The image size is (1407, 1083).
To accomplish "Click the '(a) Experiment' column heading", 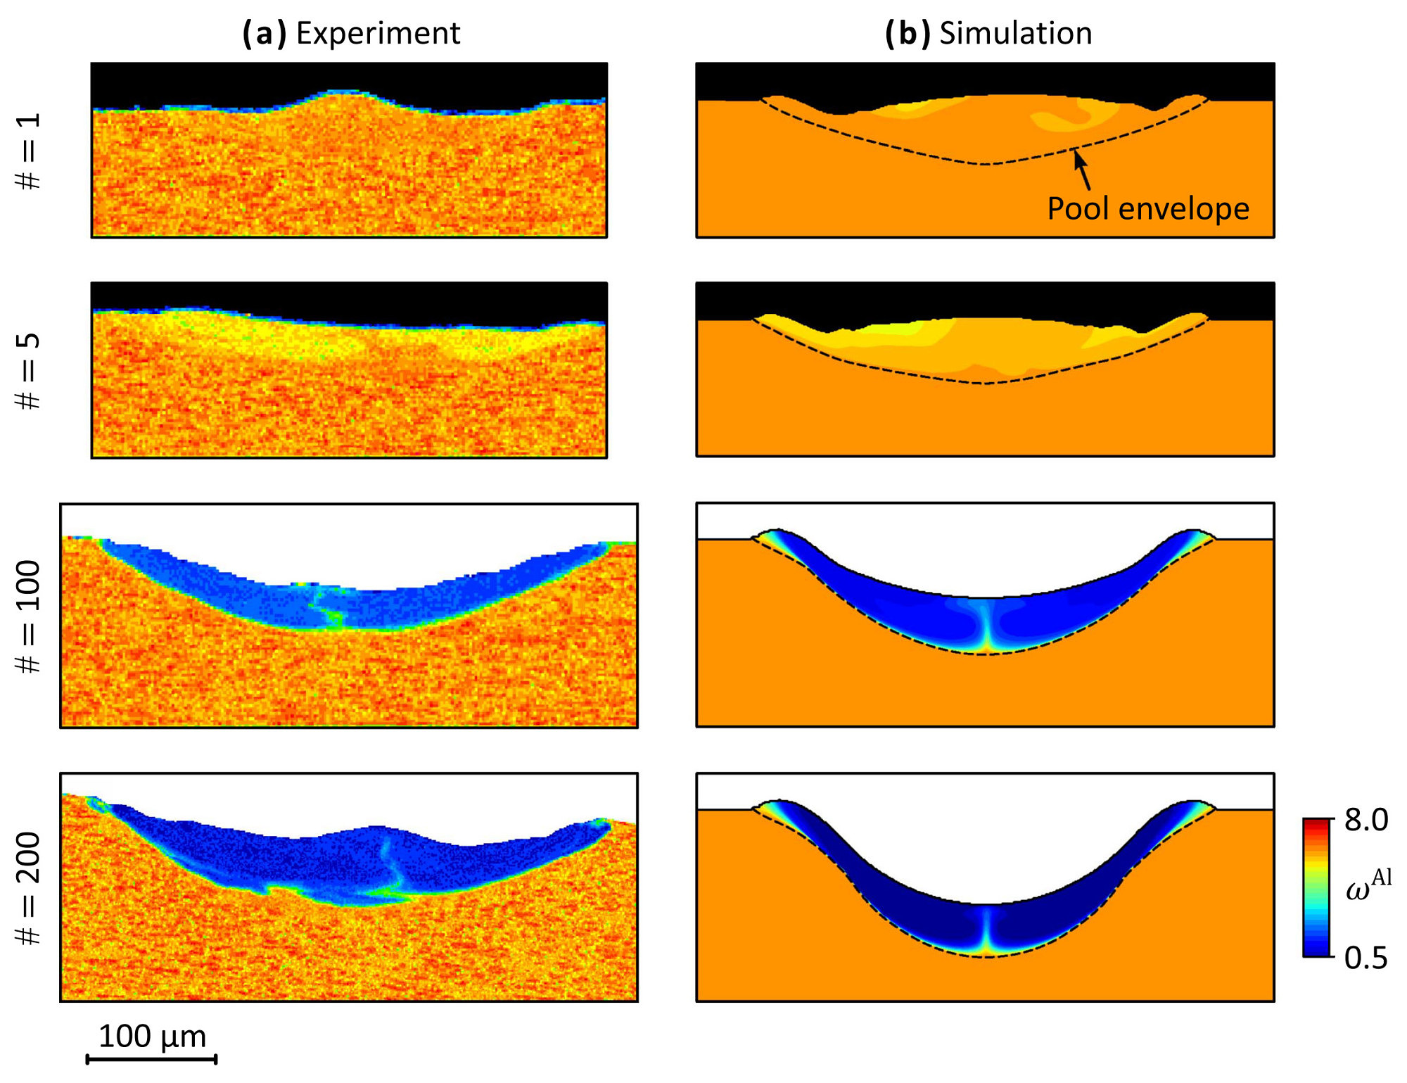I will point(351,33).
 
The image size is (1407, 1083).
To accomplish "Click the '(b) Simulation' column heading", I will point(988,33).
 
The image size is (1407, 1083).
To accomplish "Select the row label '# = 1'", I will point(29,151).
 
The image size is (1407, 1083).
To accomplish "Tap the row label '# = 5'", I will point(29,371).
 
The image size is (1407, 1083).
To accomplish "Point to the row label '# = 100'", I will point(29,616).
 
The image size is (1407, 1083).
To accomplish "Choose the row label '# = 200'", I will point(29,888).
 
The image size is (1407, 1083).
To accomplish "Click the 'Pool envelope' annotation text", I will point(1148,209).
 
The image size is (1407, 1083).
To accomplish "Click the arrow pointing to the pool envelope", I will point(1083,169).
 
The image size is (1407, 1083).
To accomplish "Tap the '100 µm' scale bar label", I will point(152,1037).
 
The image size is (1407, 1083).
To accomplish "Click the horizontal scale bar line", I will point(151,1058).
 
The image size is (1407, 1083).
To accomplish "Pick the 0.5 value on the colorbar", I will point(1366,958).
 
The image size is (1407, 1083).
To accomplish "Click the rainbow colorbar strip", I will point(1316,887).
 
